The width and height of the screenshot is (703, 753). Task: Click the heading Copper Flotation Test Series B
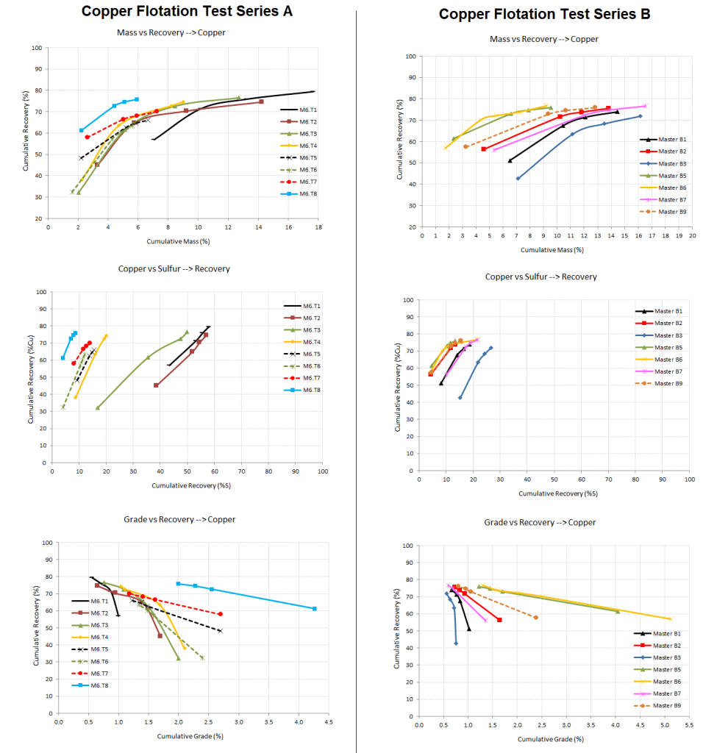(x=544, y=14)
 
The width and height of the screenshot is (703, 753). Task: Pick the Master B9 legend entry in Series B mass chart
(x=670, y=211)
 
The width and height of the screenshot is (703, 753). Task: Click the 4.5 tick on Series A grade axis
(x=327, y=721)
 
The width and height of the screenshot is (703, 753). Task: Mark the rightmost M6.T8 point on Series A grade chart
(x=315, y=608)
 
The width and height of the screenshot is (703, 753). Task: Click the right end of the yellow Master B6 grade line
(x=670, y=619)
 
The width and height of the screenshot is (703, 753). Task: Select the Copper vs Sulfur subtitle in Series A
(x=174, y=268)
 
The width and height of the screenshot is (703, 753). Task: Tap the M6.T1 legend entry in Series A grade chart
(x=101, y=601)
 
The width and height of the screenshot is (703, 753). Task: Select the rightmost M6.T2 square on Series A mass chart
(x=261, y=101)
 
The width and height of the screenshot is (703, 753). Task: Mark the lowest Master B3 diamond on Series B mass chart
(x=518, y=179)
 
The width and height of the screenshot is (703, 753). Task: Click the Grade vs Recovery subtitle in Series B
(x=540, y=522)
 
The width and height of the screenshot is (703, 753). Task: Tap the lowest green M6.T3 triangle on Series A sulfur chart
(x=97, y=407)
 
